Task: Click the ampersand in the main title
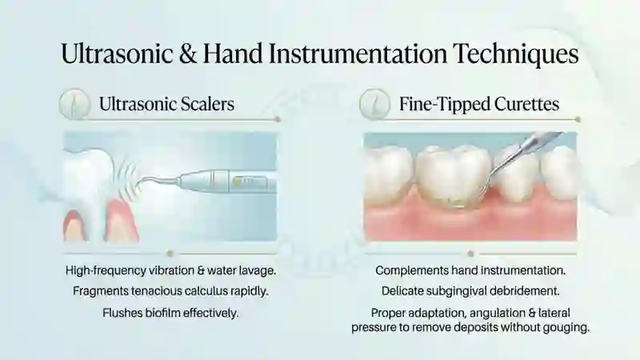click(188, 54)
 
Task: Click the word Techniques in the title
click(516, 54)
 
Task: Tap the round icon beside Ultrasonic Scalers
click(74, 104)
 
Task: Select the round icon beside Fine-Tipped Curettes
click(374, 104)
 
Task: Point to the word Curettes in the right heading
click(526, 104)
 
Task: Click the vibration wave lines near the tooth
click(130, 176)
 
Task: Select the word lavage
click(255, 270)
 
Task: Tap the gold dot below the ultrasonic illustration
click(170, 254)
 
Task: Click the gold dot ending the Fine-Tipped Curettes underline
click(577, 119)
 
